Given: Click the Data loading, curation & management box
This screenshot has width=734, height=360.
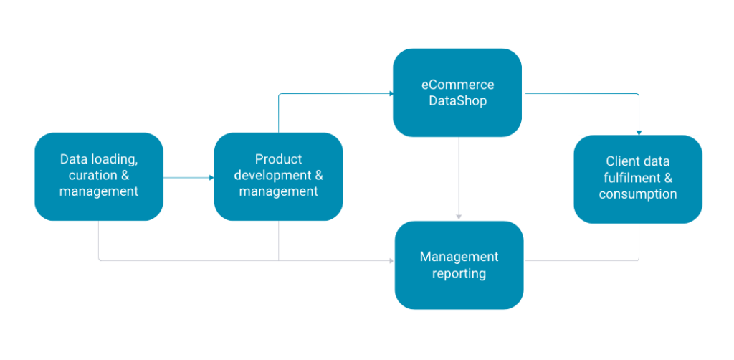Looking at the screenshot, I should coord(99,176).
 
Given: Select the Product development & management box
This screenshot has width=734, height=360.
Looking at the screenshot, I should coord(278,176).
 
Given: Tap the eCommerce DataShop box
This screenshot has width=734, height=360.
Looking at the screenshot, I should coord(457,93).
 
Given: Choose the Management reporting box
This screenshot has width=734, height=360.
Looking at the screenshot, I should coord(459,265).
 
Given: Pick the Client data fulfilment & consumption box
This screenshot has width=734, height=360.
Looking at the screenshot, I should coord(638,179).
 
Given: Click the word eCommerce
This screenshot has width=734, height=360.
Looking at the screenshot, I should coord(457,85).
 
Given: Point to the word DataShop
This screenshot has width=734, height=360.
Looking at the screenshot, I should coord(457,101).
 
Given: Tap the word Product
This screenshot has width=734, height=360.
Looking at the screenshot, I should coord(278,159).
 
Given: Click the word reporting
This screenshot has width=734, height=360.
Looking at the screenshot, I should coord(459,273).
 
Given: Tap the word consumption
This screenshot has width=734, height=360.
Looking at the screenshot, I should coord(638,194).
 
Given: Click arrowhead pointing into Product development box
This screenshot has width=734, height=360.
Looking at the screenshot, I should coord(211,177).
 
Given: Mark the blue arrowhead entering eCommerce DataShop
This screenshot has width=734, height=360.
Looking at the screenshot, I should coord(391,93).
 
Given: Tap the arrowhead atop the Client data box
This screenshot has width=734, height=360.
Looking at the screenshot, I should coord(639,133).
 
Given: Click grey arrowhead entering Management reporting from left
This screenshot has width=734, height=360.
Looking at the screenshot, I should coord(391,260).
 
